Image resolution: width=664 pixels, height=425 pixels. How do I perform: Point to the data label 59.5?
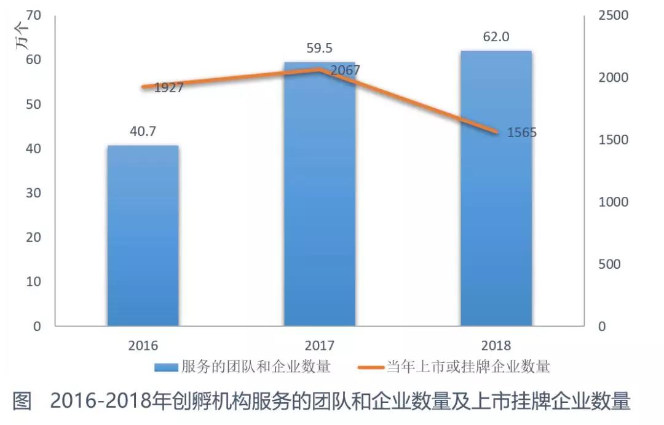pos(320,47)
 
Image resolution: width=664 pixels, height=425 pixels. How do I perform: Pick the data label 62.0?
pos(496,37)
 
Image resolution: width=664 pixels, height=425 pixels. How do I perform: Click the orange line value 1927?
pos(169,88)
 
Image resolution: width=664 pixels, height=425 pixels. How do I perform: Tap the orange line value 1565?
pos(522,132)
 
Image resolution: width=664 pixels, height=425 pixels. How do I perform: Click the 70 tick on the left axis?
pos(34,15)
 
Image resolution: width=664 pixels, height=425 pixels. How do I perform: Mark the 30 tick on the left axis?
pos(34,193)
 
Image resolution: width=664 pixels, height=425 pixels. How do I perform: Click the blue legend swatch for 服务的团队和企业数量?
pos(166,368)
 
